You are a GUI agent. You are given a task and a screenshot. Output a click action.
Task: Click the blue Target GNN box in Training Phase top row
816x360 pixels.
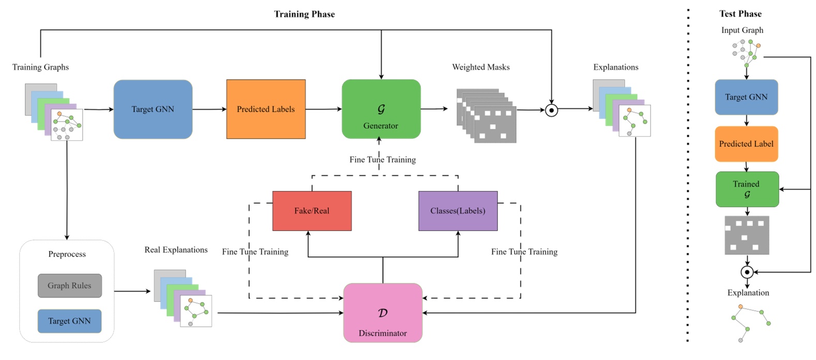[x=153, y=109]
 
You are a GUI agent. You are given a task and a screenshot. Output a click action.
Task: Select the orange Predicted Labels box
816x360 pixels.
[x=266, y=109]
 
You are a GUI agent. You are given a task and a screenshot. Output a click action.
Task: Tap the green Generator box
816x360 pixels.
[x=381, y=109]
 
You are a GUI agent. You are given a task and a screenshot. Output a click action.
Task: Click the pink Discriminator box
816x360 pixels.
[x=383, y=313]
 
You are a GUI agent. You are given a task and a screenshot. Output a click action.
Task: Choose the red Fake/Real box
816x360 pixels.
[x=312, y=211]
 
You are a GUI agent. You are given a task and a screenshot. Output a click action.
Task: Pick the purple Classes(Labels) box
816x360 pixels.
[x=458, y=211]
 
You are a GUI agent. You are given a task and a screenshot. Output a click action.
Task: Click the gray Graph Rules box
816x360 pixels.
[x=69, y=286]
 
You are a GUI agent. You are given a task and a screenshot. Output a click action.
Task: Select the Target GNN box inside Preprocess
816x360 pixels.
[x=69, y=321]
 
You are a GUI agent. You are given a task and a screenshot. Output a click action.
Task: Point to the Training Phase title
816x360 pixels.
[x=304, y=14]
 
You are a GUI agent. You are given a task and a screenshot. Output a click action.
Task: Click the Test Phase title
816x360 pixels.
[x=740, y=14]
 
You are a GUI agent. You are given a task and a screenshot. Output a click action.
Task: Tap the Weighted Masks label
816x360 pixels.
[x=480, y=67]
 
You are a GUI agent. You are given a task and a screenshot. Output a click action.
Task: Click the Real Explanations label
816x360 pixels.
[x=176, y=250]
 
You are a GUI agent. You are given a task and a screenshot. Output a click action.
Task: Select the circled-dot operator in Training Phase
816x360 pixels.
[x=551, y=110]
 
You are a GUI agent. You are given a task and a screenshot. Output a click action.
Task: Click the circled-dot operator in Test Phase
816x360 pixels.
[x=746, y=272]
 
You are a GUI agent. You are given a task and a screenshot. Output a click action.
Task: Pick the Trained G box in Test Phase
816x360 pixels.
[x=747, y=189]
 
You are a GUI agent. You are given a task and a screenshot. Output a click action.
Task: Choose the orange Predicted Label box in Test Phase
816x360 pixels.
[x=746, y=144]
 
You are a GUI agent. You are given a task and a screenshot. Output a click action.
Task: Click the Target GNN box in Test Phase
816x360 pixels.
[x=746, y=97]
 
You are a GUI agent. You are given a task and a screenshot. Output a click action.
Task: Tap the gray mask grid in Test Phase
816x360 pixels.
[x=747, y=235]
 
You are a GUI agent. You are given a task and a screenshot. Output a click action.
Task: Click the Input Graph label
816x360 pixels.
[x=742, y=30]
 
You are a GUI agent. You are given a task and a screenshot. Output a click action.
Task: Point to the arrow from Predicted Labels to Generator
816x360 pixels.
[x=323, y=109]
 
